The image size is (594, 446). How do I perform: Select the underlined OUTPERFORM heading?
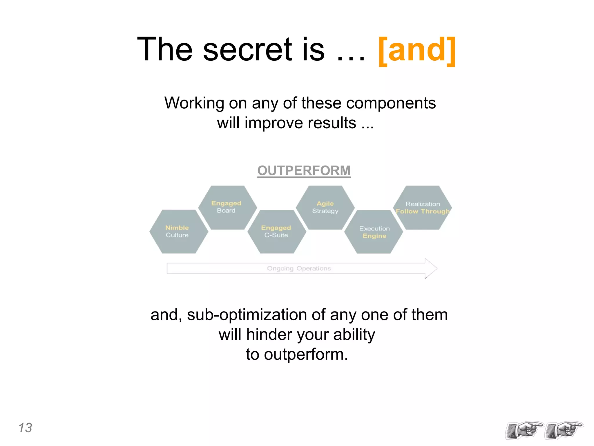[x=304, y=170]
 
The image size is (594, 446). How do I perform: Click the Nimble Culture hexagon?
[x=178, y=231]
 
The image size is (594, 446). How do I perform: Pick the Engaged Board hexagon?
[x=227, y=207]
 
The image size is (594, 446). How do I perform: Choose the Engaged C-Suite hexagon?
[x=276, y=231]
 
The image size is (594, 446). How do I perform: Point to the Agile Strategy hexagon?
[x=325, y=207]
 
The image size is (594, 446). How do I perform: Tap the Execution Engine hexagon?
[x=374, y=232]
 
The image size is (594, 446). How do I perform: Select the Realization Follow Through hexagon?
[x=423, y=207]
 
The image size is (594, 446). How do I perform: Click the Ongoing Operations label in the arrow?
[x=299, y=269]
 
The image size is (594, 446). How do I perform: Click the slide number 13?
[x=25, y=428]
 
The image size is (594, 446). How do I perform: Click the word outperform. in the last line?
[x=306, y=355]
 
